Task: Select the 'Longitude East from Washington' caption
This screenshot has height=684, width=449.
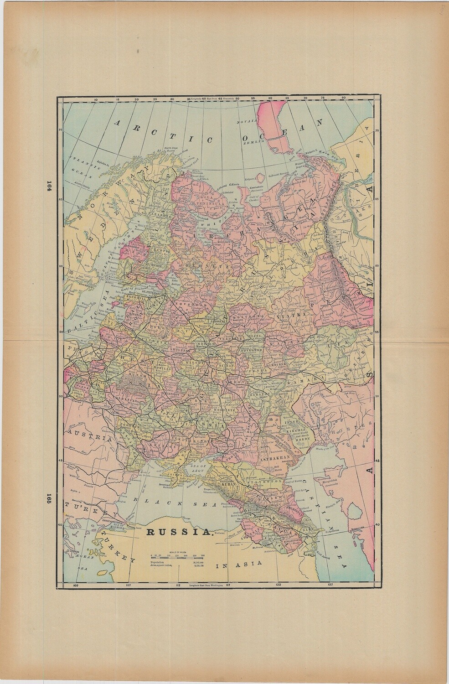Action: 204,586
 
